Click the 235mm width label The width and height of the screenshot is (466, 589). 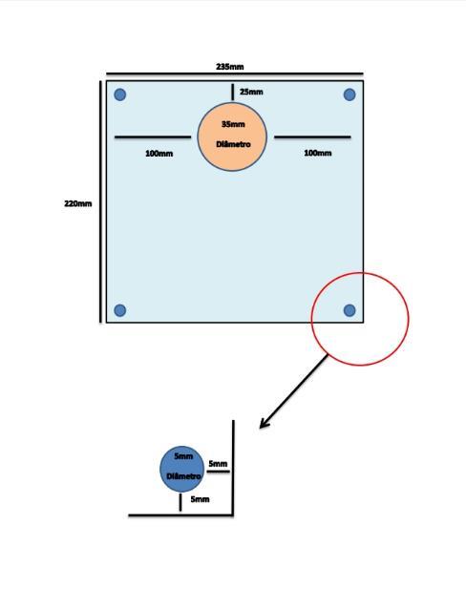coord(229,67)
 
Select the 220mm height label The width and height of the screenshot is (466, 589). coord(77,203)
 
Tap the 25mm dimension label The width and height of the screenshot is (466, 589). coord(251,92)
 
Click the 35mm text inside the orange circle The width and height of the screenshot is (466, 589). coord(233,124)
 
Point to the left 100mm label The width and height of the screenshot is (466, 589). coord(159,154)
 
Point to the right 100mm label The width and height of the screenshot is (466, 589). coord(318,153)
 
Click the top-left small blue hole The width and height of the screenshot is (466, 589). coord(120,95)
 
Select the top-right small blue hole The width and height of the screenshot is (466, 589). coord(349,95)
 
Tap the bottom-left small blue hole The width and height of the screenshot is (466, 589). coord(120,310)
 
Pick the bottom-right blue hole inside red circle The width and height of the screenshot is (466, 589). coord(349,310)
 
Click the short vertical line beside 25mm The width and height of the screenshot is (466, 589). coord(233,92)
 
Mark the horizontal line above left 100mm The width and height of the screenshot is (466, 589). coord(153,137)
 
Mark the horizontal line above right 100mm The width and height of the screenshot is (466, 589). coord(312,137)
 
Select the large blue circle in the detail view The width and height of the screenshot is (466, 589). coord(181,469)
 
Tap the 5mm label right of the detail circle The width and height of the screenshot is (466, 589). coord(218,464)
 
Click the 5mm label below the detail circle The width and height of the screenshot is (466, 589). coord(200,499)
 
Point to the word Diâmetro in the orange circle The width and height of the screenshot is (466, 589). coord(233,144)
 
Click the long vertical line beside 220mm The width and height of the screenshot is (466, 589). coord(100,201)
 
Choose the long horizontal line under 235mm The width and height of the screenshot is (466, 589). coord(235,74)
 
